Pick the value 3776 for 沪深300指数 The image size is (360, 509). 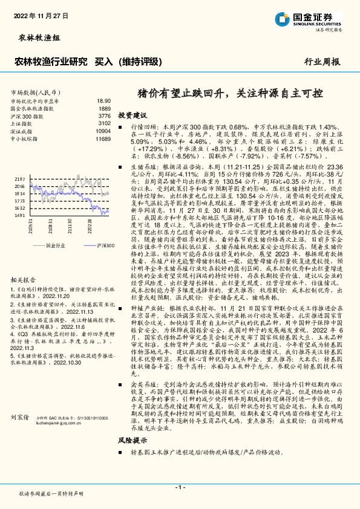[104, 115]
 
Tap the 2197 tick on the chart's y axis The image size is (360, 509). [19, 180]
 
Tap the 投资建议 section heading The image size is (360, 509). [133, 114]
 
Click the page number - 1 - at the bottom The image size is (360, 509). [180, 487]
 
